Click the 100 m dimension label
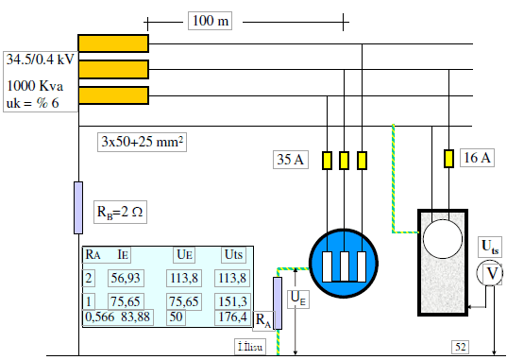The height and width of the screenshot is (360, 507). [x=211, y=21]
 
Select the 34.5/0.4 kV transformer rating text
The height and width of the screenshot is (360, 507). [x=40, y=60]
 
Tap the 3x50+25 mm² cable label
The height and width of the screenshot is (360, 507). [x=142, y=142]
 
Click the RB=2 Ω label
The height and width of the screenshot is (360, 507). [x=120, y=212]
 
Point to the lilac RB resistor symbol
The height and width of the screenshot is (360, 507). [x=78, y=208]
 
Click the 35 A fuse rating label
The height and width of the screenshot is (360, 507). [x=291, y=160]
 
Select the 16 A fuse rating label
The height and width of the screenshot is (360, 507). [x=477, y=158]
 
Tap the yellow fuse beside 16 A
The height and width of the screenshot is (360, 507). [x=448, y=159]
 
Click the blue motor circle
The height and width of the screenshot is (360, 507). [x=344, y=263]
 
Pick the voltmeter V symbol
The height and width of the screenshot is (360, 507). [x=490, y=273]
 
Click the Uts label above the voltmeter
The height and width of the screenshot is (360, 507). [x=490, y=247]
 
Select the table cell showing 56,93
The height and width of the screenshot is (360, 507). [x=126, y=278]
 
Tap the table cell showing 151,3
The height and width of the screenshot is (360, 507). [x=232, y=301]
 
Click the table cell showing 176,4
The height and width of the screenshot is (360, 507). [x=232, y=317]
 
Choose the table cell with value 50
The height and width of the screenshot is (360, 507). [x=176, y=317]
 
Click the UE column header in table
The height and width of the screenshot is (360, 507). [x=185, y=254]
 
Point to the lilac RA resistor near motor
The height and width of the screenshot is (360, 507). [x=278, y=303]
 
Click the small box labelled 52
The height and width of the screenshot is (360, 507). [x=461, y=347]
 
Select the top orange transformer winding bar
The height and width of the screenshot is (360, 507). [x=113, y=43]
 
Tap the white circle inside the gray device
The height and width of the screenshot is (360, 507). [x=443, y=239]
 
